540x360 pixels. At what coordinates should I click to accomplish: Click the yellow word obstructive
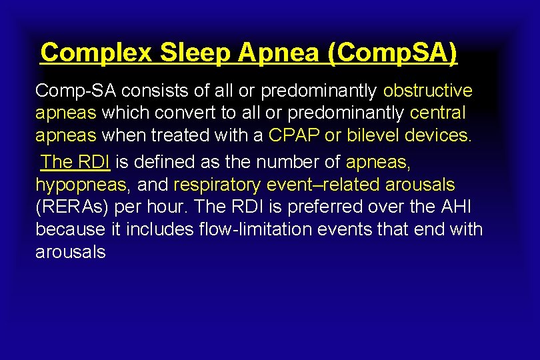click(x=427, y=91)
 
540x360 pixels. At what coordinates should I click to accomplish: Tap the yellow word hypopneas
click(x=79, y=184)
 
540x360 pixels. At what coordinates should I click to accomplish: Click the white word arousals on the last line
click(x=70, y=253)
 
